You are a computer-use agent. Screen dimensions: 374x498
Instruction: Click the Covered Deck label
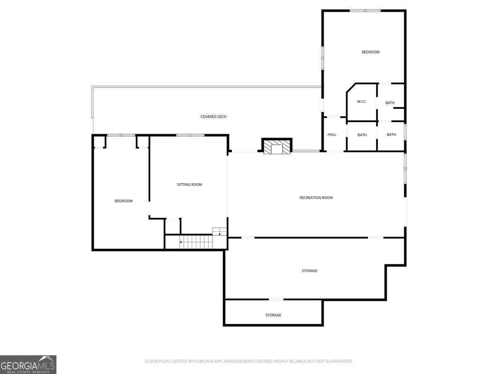click(213, 117)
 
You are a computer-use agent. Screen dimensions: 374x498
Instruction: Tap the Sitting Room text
click(190, 185)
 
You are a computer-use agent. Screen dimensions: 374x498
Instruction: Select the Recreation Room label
click(316, 198)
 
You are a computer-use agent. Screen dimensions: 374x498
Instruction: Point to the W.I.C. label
click(362, 102)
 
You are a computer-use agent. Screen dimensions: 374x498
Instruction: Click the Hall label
click(332, 135)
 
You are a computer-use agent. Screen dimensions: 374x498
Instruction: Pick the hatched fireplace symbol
click(277, 147)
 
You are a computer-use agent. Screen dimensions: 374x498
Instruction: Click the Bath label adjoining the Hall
click(362, 135)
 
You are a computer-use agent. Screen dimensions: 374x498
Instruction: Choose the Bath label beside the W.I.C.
click(390, 103)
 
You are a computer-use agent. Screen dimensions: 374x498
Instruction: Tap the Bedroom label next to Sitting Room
click(124, 201)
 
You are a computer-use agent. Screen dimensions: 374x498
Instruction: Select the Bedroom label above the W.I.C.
click(371, 52)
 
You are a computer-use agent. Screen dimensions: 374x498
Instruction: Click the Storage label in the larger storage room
click(310, 271)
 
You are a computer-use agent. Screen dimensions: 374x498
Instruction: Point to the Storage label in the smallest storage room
click(273, 315)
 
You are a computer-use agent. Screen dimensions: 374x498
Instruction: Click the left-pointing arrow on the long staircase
click(181, 242)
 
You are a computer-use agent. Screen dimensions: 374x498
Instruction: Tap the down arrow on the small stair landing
click(220, 234)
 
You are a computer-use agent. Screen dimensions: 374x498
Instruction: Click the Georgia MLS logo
click(28, 365)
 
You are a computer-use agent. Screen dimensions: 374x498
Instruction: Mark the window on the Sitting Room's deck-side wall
click(190, 135)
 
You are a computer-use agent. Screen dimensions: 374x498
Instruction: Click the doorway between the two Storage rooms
click(276, 299)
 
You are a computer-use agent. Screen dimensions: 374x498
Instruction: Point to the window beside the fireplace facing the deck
click(306, 151)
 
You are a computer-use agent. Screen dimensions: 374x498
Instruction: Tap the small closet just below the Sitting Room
click(173, 226)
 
